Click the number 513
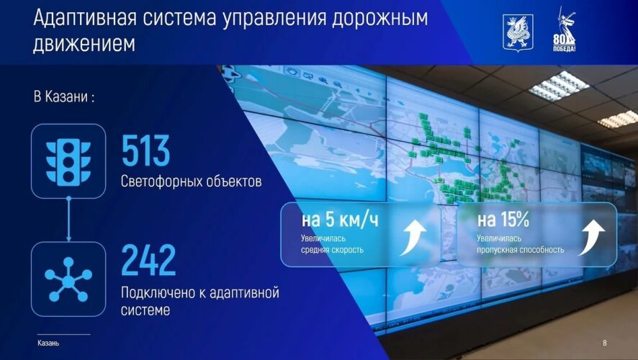145,150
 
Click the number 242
148,260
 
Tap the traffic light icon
68,161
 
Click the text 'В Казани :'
64,96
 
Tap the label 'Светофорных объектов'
191,181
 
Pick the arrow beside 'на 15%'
591,237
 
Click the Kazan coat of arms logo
518,32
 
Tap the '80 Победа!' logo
567,32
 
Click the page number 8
604,343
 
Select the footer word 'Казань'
48,343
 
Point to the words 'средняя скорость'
333,250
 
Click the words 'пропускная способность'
520,250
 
